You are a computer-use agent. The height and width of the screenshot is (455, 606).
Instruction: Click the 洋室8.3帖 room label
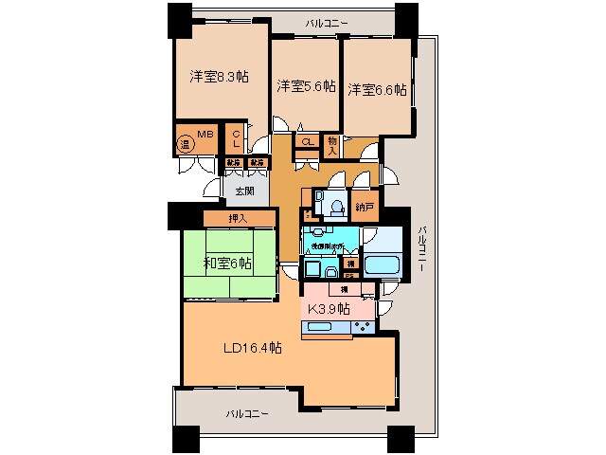pos(219,77)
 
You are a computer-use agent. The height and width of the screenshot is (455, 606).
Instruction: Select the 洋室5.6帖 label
pos(306,86)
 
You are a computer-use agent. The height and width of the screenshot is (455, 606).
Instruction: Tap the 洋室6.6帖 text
pos(376,90)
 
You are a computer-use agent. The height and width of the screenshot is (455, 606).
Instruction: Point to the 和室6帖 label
pos(227,264)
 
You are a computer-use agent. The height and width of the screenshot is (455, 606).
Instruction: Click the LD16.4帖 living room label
pos(251,348)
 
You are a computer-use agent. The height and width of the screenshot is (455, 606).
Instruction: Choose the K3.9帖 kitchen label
pos(327,309)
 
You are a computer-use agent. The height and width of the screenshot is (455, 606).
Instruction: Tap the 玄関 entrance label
pos(244,191)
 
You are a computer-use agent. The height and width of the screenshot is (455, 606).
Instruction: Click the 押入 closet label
pos(240,219)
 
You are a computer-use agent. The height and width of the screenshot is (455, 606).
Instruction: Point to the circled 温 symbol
pos(186,145)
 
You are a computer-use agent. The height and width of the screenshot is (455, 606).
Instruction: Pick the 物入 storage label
pos(332,144)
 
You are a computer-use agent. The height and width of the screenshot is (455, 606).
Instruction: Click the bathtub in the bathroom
pos(382,264)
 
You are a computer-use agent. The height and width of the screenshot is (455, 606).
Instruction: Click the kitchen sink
pos(318,328)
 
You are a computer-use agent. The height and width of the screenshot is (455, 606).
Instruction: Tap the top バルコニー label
pos(326,20)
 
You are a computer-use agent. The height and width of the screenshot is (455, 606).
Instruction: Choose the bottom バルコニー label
pos(248,414)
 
